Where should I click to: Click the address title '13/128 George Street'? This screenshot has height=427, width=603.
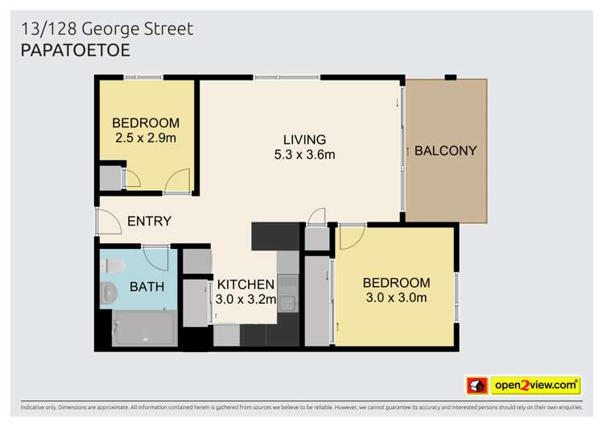click(107, 29)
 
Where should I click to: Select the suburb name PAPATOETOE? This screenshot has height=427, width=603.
click(75, 50)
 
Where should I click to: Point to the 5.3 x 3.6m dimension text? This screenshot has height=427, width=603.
click(304, 155)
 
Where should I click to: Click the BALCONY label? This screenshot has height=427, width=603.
click(445, 151)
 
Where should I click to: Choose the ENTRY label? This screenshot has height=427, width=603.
click(149, 221)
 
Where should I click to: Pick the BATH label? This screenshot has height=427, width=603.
click(147, 286)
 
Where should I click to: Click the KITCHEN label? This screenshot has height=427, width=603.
click(246, 284)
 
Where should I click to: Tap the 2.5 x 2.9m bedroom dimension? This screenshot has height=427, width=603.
click(146, 138)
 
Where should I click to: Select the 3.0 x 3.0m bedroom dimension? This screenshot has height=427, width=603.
click(396, 298)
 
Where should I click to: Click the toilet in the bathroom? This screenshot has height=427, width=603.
click(111, 265)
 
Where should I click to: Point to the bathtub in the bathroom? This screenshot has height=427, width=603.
click(145, 329)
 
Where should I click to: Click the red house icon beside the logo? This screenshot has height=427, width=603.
click(477, 385)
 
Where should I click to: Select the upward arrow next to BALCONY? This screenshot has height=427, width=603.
click(408, 151)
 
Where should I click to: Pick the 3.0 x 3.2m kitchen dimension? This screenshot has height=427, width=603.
click(246, 299)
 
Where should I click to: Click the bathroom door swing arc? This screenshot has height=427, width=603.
click(158, 258)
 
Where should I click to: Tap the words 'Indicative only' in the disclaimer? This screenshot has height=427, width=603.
click(39, 407)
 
